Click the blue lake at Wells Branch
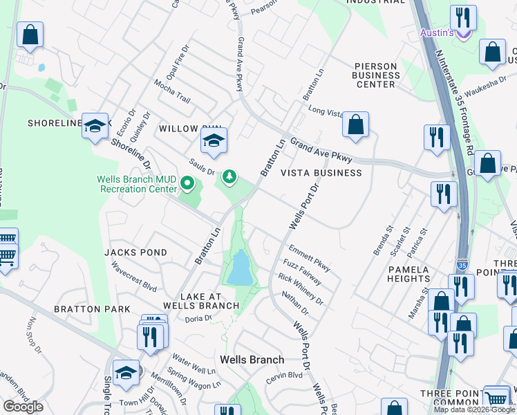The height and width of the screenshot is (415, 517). pos(240,268)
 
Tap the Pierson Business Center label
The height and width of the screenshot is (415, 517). pos(375,75)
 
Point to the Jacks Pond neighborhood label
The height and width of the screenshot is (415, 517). pos(135,253)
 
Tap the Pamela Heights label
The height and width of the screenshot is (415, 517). pos(408,274)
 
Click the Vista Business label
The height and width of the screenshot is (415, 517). pos(320,173)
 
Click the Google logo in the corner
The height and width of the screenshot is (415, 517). pos(23,407)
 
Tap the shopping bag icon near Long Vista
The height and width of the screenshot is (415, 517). pos(355,125)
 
